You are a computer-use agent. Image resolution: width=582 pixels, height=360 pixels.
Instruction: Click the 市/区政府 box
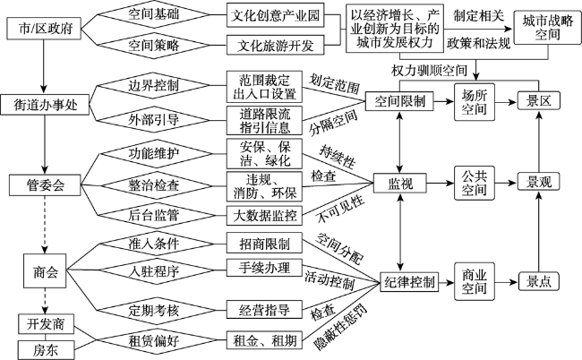tap(44, 29)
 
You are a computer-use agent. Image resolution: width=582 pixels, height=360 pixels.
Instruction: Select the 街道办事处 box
tap(45, 105)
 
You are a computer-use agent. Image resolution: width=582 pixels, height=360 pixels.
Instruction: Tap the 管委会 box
tap(45, 184)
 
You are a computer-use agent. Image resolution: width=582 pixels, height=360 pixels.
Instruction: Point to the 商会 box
tap(45, 271)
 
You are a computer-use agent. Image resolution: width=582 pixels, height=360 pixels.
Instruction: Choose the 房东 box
tap(46, 350)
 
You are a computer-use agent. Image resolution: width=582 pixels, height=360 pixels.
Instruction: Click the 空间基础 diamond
tap(154, 14)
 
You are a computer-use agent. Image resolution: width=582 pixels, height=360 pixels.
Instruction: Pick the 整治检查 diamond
tap(154, 184)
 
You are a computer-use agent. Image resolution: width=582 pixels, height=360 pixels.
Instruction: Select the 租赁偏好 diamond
tap(154, 340)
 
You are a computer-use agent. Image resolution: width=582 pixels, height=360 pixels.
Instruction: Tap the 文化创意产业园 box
tap(276, 15)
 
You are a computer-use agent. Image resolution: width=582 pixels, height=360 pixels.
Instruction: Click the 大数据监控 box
tap(264, 216)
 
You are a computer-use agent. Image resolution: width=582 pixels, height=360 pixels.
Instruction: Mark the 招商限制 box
tap(264, 244)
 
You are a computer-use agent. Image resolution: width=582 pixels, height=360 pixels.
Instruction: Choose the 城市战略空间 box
tap(547, 28)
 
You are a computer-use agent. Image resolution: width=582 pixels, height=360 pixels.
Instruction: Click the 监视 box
tap(399, 183)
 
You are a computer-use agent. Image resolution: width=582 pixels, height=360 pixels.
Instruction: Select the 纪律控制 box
tap(409, 282)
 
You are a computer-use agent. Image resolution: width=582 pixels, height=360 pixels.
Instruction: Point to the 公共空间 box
tap(475, 183)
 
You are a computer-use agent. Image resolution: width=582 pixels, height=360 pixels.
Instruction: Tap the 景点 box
tap(538, 282)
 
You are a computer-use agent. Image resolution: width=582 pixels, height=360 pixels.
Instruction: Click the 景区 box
tap(538, 100)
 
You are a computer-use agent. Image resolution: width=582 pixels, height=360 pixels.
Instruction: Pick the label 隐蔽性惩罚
tap(339, 327)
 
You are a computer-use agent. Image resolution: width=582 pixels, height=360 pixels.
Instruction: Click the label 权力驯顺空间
tap(430, 70)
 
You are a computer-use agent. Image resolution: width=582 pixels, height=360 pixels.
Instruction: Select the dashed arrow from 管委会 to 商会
tap(45, 225)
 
